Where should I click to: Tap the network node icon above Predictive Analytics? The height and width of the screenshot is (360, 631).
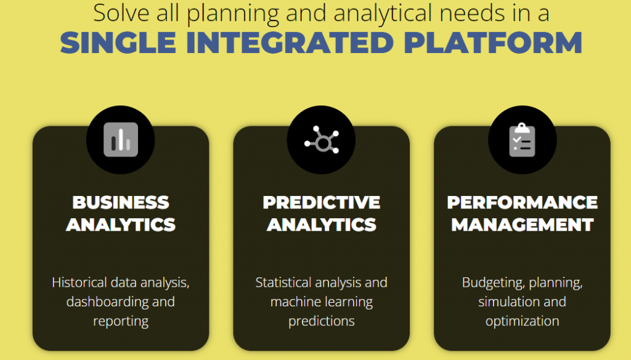point(321,140)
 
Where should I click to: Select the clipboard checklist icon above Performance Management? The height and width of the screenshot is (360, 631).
point(522,140)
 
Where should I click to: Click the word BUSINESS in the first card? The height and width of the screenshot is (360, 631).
point(121,202)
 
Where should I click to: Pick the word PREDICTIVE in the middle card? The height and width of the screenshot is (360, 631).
point(321,202)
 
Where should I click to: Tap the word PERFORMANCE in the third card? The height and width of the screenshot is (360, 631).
point(522,202)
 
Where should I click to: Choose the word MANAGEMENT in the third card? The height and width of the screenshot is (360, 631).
point(522,224)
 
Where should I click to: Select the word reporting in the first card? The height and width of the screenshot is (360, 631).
point(121,321)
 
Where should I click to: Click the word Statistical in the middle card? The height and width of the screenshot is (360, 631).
point(284,282)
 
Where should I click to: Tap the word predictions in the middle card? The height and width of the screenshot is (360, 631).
point(321,321)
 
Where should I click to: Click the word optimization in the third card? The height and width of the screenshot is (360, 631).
point(522,321)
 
